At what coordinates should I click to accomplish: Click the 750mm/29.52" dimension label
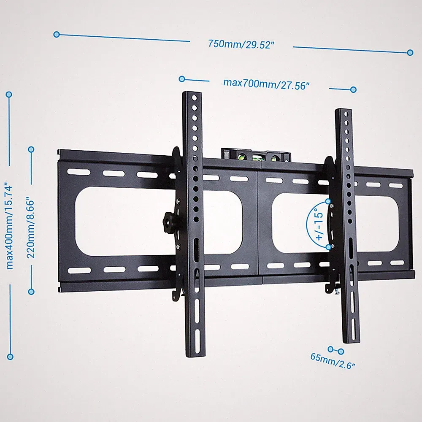coord(241,44)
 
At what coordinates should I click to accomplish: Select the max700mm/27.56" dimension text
coord(266,84)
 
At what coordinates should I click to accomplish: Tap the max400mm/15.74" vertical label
coord(10,227)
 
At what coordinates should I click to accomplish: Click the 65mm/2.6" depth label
coord(333,361)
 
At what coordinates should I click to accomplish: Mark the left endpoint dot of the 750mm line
coord(57,35)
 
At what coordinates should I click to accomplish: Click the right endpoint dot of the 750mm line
coord(410,52)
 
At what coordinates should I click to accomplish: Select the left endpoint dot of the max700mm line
coord(182,79)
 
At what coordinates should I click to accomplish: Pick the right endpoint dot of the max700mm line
coord(353,89)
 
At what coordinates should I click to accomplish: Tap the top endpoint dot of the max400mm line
coord(9,95)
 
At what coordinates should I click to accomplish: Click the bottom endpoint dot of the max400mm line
coord(10,357)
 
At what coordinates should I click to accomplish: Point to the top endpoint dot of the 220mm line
coord(31,149)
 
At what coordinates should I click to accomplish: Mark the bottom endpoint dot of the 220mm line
coord(31,292)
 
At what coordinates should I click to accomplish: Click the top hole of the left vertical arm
coord(195,98)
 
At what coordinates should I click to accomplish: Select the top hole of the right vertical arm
coord(346,115)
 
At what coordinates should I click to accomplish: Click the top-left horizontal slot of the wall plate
coord(79,172)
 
